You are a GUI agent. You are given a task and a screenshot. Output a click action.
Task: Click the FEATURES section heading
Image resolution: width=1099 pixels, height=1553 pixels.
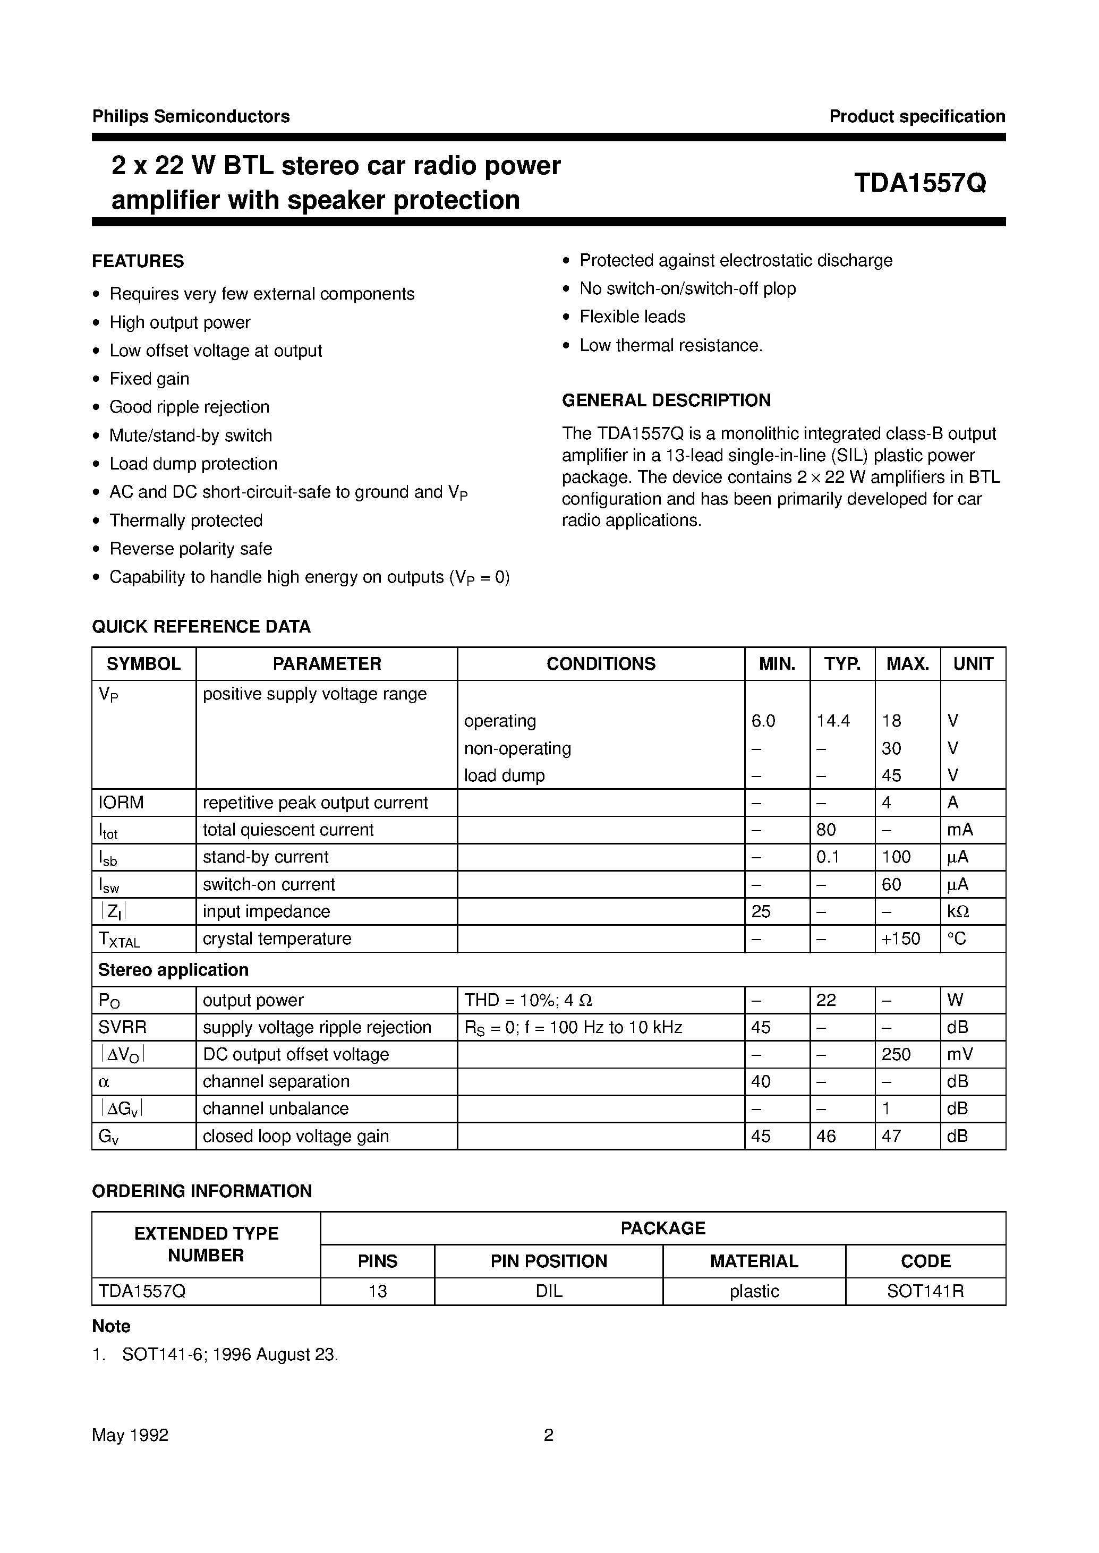(x=138, y=261)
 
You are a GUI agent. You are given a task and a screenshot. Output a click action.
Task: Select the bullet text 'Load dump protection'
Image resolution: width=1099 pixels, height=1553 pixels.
(x=193, y=464)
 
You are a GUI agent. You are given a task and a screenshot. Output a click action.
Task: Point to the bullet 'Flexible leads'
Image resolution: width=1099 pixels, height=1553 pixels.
(x=632, y=317)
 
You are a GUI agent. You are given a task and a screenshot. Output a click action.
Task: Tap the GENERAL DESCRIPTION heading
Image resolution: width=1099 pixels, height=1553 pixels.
(x=666, y=400)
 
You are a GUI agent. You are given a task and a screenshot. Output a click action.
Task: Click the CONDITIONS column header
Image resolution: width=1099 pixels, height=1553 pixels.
(x=600, y=664)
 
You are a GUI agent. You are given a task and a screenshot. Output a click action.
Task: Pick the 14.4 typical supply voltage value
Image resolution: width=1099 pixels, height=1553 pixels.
(x=832, y=721)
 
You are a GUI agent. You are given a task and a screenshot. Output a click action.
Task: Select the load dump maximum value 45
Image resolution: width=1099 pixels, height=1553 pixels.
(x=891, y=775)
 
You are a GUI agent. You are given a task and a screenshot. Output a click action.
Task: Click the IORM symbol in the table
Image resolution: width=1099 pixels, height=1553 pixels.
(x=121, y=803)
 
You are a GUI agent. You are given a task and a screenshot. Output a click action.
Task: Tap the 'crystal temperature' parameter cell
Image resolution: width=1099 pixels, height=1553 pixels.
(x=277, y=938)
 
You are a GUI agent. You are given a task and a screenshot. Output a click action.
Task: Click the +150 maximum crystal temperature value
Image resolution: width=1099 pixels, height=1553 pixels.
(x=901, y=938)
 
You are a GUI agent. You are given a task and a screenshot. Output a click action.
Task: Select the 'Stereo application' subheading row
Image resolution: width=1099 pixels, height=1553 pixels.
(x=173, y=970)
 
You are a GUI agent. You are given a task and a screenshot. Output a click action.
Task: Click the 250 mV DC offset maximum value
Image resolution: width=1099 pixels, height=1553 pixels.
(x=896, y=1054)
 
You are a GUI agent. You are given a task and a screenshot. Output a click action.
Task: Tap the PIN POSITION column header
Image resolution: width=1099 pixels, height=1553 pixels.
(x=548, y=1261)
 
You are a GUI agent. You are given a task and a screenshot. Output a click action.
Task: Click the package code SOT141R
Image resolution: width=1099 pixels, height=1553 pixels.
(x=925, y=1291)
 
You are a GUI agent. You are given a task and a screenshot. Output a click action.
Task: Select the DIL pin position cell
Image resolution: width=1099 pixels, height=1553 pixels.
(x=548, y=1291)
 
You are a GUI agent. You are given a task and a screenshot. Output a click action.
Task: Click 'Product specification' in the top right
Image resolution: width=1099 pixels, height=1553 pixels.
(x=916, y=116)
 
